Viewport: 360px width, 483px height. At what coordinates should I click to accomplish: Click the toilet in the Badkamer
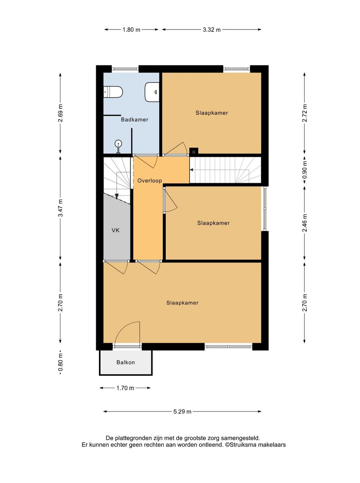click(x=113, y=92)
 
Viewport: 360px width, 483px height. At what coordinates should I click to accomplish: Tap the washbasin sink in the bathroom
click(x=152, y=92)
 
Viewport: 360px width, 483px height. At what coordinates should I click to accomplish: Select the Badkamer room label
click(x=134, y=120)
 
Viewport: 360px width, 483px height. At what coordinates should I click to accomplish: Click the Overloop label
click(x=149, y=181)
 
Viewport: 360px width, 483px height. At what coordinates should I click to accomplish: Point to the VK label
click(x=115, y=230)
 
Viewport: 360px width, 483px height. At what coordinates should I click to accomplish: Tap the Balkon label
click(x=126, y=362)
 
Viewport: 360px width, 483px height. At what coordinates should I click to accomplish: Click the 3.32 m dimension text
click(x=212, y=30)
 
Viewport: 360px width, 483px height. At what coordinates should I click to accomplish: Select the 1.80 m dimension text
click(x=131, y=30)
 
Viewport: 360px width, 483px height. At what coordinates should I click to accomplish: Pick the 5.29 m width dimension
click(x=182, y=412)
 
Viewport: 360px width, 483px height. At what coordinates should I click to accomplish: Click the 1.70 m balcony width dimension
click(x=125, y=388)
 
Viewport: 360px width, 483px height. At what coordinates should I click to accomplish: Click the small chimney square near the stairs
click(x=194, y=151)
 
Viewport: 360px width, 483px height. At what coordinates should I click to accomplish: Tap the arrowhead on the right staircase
click(x=192, y=170)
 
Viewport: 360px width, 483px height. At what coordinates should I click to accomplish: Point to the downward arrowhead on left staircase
click(x=117, y=197)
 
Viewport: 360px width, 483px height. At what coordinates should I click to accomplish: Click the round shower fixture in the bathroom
click(x=118, y=144)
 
